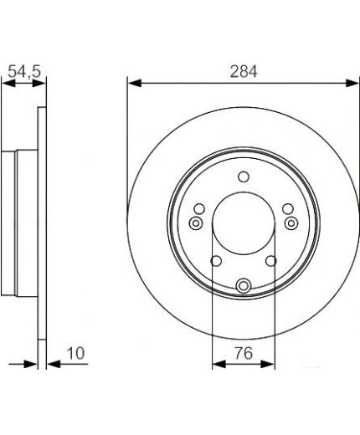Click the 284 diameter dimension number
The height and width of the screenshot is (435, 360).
[x=244, y=72]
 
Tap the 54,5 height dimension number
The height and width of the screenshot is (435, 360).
[x=24, y=71]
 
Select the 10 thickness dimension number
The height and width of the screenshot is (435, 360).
[x=75, y=353]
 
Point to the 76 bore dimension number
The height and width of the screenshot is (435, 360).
[x=244, y=353]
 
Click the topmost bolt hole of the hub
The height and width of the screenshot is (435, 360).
[x=244, y=177]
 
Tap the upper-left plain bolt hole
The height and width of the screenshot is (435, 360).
[x=199, y=209]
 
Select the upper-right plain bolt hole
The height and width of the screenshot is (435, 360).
[x=288, y=209]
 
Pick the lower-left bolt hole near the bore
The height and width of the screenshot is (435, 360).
[x=216, y=261]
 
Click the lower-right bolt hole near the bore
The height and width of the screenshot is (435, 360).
[x=270, y=261]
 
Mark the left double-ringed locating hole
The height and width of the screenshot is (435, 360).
[x=196, y=223]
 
